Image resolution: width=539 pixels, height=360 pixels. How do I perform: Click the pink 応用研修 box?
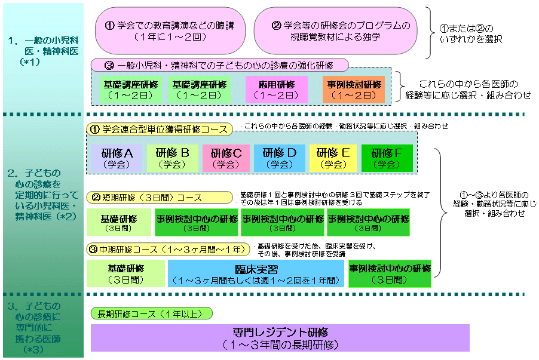[x=276, y=90]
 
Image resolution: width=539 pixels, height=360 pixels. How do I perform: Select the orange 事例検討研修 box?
[x=354, y=90]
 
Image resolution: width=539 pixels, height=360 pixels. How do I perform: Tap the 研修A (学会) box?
[x=117, y=158]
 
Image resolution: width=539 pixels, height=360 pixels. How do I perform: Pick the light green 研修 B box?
[x=172, y=158]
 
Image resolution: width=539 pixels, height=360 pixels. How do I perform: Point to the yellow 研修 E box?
[x=333, y=158]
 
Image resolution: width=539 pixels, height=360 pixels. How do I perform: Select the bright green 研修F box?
[x=387, y=158]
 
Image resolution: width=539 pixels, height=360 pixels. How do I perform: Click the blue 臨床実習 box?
[x=256, y=273]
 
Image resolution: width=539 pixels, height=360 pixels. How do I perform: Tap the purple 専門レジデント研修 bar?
[x=280, y=338]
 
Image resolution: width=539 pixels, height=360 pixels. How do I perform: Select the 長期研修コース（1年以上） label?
[x=152, y=313]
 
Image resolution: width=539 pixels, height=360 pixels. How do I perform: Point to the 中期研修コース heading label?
[x=168, y=248]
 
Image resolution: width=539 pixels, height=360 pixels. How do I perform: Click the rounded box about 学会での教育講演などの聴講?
[x=170, y=31]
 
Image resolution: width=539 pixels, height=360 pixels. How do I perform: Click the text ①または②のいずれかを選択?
[x=470, y=34]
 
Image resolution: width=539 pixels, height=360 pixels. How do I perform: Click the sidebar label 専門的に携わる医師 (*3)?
[x=42, y=328]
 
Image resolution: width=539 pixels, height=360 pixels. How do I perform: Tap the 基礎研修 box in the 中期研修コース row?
[x=126, y=273]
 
